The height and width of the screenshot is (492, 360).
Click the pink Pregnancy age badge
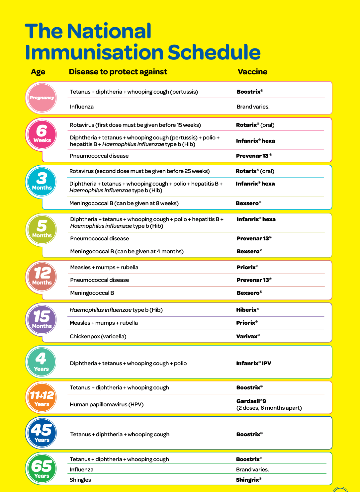[42, 98]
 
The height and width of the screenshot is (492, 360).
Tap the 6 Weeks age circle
[42, 134]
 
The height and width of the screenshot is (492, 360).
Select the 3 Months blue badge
[42, 182]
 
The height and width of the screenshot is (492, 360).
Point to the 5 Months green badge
[42, 229]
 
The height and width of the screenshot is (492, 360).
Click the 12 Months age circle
[42, 277]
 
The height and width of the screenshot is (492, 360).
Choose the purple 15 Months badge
[42, 319]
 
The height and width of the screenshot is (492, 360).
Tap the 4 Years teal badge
[41, 362]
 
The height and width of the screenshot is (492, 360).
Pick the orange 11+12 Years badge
[42, 397]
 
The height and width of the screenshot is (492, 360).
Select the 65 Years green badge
[42, 469]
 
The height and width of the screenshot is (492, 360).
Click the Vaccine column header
[252, 72]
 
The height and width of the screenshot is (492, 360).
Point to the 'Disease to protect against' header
[118, 72]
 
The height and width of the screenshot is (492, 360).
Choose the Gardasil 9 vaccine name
[251, 401]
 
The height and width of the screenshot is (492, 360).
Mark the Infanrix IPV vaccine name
[253, 363]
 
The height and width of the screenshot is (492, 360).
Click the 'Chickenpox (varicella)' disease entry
[98, 336]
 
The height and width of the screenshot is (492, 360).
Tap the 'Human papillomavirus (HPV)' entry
[107, 404]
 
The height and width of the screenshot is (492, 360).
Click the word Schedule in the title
[214, 52]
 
